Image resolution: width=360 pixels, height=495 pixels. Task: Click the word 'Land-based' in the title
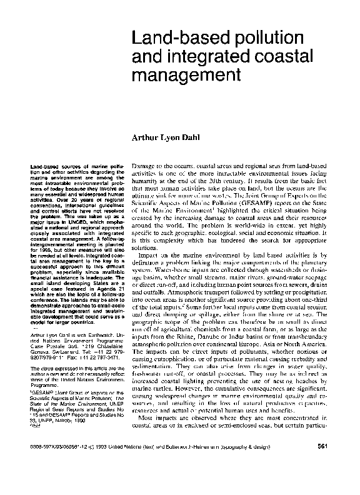(x=164, y=37)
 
